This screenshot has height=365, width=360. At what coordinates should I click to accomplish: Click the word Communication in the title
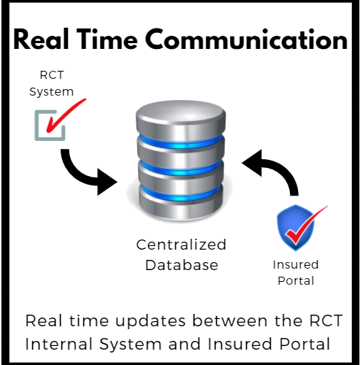coord(246,39)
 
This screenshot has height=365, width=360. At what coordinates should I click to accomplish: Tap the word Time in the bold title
coord(108,39)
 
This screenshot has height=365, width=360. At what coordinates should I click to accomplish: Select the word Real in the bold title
coord(41,39)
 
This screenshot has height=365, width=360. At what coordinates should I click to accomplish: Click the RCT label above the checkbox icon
coord(52,75)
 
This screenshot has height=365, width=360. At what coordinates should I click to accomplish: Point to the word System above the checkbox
coord(51,92)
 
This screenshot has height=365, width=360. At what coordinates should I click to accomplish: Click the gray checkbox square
coord(50,126)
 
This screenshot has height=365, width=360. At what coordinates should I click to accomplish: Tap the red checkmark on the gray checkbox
coord(66,115)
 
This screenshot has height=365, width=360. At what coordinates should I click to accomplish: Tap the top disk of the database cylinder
coord(180,119)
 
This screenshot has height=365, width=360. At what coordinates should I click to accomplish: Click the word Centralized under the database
coord(181,245)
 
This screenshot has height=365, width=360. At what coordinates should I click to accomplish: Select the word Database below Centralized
coord(182,265)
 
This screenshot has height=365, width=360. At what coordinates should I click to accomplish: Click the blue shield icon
coord(296,228)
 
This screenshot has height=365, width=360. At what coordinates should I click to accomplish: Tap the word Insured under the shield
coord(296,265)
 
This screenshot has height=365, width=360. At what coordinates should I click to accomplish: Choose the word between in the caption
coord(230,320)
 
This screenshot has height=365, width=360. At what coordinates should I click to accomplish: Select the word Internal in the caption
coord(58,344)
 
